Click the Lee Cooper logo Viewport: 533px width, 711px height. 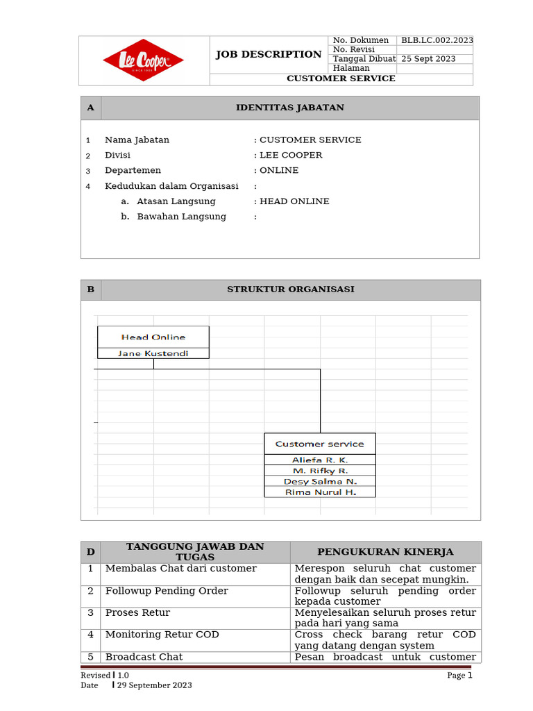143,60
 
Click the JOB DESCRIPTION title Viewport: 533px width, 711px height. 268,54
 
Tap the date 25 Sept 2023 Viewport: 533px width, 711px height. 428,59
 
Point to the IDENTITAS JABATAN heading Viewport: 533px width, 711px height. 290,108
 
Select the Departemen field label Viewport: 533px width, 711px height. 133,170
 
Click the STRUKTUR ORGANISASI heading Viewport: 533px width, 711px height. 291,290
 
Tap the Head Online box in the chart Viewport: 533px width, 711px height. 153,337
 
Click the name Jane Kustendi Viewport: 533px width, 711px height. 153,353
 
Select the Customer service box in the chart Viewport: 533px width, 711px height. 320,444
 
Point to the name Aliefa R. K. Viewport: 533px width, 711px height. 320,460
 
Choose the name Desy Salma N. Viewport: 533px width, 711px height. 320,481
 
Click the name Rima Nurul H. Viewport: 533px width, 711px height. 320,492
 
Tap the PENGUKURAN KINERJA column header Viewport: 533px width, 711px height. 385,552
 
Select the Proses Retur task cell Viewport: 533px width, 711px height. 137,613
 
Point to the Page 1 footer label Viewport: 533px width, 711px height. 459,675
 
